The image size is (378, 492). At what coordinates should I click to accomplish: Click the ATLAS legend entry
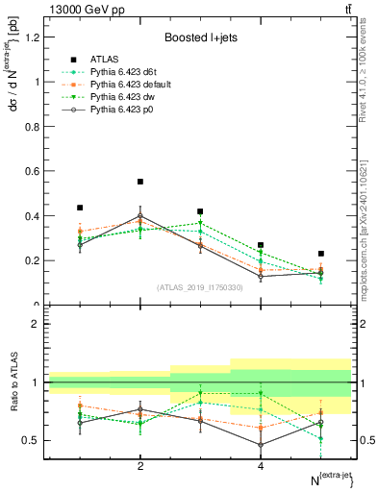pyautogui.click(x=103, y=59)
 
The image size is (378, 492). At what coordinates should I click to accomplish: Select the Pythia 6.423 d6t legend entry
pyautogui.click(x=117, y=72)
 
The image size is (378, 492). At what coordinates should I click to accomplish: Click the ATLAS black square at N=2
pyautogui.click(x=140, y=182)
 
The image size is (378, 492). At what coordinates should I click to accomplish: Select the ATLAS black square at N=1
pyautogui.click(x=80, y=208)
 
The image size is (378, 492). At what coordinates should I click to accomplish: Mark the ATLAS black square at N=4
pyautogui.click(x=261, y=245)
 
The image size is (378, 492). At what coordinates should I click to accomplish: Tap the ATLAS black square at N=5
pyautogui.click(x=321, y=254)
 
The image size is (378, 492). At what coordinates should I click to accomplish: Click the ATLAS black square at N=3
pyautogui.click(x=200, y=211)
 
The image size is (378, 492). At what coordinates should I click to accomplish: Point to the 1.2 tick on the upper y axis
pyautogui.click(x=33, y=37)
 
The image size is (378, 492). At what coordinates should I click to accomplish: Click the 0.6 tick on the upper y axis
pyautogui.click(x=33, y=171)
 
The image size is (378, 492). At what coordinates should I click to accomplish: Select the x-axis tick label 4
pyautogui.click(x=261, y=467)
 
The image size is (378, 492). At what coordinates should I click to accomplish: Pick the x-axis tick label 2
pyautogui.click(x=140, y=467)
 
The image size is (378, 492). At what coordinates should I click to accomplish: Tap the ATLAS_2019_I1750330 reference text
pyautogui.click(x=199, y=287)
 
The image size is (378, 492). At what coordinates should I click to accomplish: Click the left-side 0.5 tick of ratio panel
pyautogui.click(x=33, y=440)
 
